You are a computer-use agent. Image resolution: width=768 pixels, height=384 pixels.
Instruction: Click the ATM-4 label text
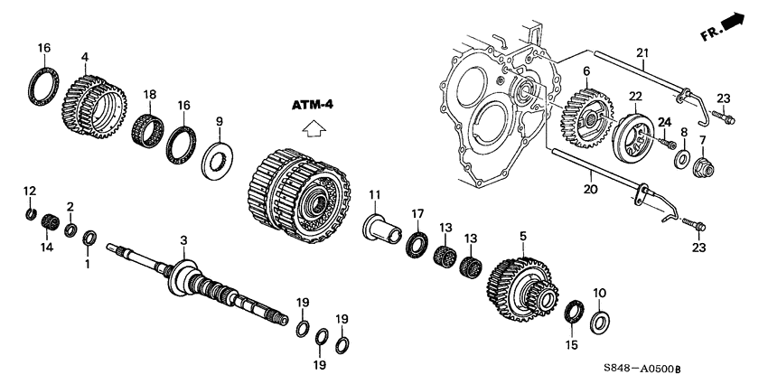(x=313, y=106)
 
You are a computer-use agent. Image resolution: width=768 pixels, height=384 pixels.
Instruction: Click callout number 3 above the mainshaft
(x=183, y=240)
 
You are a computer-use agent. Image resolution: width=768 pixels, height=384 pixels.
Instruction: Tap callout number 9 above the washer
(x=218, y=121)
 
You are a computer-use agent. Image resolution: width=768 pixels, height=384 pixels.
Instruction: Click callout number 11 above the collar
(x=374, y=195)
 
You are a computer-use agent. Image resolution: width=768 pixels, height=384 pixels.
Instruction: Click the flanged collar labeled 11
(x=382, y=225)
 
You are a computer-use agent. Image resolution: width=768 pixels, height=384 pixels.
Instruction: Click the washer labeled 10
(x=598, y=321)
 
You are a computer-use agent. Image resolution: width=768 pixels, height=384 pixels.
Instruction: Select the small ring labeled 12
(x=31, y=214)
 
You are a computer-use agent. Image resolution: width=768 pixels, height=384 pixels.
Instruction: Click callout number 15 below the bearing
(x=570, y=345)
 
